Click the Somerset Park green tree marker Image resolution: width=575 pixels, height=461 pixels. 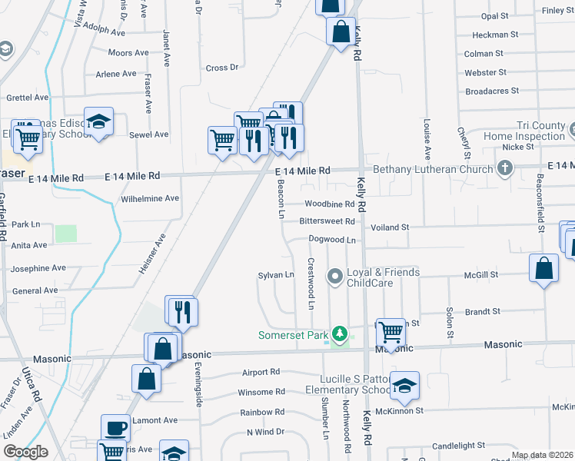[x=339, y=334]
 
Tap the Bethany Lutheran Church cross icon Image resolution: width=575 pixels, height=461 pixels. [x=505, y=168]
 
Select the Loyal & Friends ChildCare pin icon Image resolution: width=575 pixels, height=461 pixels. [x=334, y=275]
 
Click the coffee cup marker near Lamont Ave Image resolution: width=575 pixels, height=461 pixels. [x=117, y=427]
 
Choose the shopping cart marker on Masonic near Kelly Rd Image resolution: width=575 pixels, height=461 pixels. [x=391, y=332]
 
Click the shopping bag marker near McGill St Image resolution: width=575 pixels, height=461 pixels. [x=543, y=269]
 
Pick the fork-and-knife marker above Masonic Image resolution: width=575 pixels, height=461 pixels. [x=182, y=310]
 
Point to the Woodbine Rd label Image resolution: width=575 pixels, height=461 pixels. [x=329, y=204]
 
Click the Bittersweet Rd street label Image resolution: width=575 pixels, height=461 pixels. [x=327, y=221]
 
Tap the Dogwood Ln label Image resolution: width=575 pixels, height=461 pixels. [x=331, y=240]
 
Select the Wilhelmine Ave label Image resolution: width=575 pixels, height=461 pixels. [x=150, y=198]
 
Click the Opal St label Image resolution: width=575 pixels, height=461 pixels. [x=494, y=15]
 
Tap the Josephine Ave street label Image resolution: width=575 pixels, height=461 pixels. [x=38, y=268]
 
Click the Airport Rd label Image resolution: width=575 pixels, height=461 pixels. [x=259, y=372]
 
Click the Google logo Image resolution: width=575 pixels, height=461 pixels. [x=25, y=452]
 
